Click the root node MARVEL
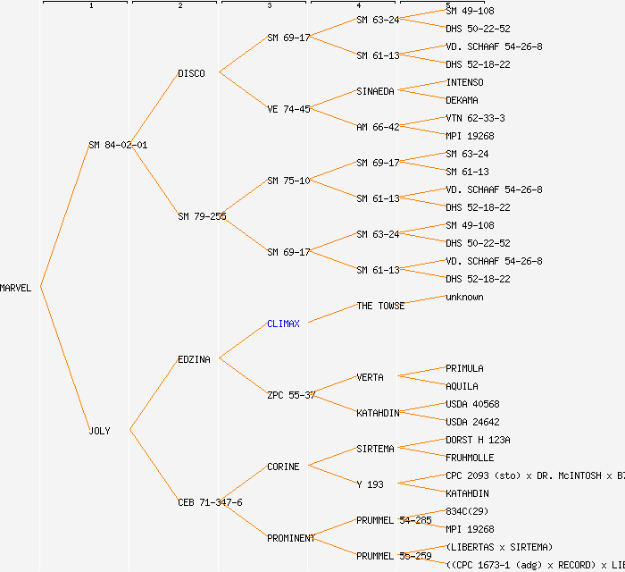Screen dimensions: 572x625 point(16,288)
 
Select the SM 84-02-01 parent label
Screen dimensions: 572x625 point(118,145)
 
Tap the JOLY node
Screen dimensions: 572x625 point(99,431)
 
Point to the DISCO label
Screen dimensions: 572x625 point(191,73)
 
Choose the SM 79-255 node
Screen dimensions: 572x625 point(201,216)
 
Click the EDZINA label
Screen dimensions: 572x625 point(194,359)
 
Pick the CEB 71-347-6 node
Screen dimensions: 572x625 point(210,502)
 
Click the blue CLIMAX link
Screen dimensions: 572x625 point(283,324)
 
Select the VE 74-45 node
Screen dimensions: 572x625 point(288,109)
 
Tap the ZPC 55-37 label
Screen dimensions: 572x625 point(291,395)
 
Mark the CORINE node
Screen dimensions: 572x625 point(283,467)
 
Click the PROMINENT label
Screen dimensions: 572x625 point(291,538)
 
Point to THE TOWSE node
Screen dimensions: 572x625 point(380,306)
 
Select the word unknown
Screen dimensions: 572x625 point(464,297)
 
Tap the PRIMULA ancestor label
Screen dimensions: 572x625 point(464,368)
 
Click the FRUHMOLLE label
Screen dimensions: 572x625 point(470,458)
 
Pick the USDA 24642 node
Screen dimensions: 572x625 point(472,422)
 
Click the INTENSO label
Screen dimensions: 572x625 point(464,82)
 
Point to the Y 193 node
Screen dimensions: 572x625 point(370,484)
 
